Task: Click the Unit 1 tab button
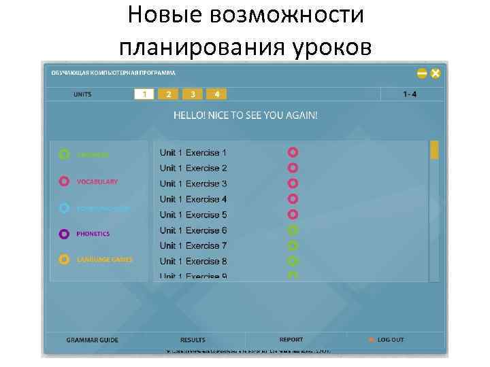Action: point(144,94)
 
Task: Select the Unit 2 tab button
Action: point(168,94)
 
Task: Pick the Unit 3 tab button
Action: point(193,94)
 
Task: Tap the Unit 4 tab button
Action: point(216,94)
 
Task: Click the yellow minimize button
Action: point(422,73)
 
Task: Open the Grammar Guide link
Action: point(92,340)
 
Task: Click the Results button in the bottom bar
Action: point(193,340)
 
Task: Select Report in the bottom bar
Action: point(291,339)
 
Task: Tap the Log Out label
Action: point(391,340)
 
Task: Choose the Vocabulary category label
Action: point(97,181)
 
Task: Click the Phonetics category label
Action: point(93,234)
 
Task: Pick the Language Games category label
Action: point(104,260)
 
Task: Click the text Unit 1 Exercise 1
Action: point(193,153)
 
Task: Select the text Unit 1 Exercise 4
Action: point(193,199)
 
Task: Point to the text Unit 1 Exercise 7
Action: point(193,245)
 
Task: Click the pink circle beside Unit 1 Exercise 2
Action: point(293,168)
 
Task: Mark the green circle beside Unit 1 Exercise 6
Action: point(293,230)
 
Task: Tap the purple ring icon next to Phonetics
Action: point(64,234)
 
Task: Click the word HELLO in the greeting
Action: point(189,116)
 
